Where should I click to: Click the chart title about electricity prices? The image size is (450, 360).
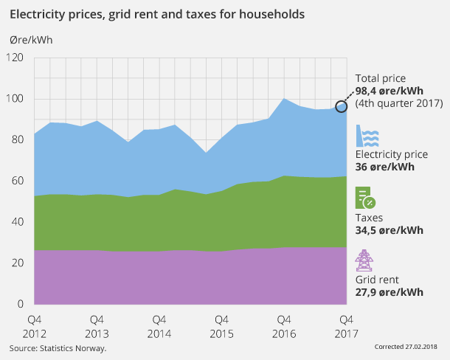point(156,14)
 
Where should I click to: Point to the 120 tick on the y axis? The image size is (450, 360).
point(15,58)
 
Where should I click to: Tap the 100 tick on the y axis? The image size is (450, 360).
point(15,99)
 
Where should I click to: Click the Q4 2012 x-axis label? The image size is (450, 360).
point(35,327)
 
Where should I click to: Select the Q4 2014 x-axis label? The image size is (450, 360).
point(158,327)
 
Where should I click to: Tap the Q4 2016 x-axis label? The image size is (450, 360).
point(282,327)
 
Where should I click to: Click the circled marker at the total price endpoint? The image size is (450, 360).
point(342,106)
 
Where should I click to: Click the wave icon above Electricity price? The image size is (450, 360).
point(368,137)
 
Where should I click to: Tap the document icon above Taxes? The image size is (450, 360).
point(366,198)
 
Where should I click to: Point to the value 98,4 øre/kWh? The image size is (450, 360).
point(390,91)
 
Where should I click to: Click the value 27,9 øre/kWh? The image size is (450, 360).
point(390,292)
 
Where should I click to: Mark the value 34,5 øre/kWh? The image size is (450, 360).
point(390,230)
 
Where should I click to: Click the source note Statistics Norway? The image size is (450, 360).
point(58,347)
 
